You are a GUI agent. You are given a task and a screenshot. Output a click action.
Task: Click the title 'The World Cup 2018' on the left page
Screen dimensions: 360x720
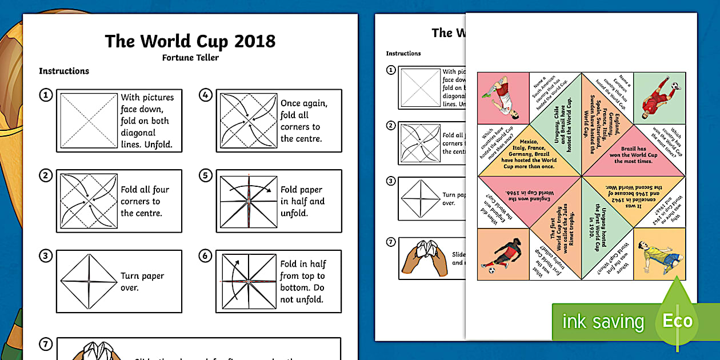(x=190, y=41)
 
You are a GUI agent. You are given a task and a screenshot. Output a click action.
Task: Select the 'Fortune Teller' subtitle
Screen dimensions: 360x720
(x=190, y=57)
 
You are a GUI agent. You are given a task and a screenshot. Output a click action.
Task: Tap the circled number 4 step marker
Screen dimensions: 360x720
(x=205, y=94)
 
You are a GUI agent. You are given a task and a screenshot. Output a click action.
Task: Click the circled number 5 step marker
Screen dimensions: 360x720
(x=205, y=175)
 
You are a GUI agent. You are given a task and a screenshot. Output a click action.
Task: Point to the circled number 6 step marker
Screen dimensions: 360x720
(x=205, y=255)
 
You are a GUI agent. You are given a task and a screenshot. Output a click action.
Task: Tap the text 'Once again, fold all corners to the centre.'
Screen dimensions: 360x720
(x=303, y=121)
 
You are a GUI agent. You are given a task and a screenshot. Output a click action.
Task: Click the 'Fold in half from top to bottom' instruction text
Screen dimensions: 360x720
(x=303, y=282)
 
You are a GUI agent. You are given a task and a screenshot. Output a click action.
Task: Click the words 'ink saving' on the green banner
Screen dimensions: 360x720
(x=603, y=322)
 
